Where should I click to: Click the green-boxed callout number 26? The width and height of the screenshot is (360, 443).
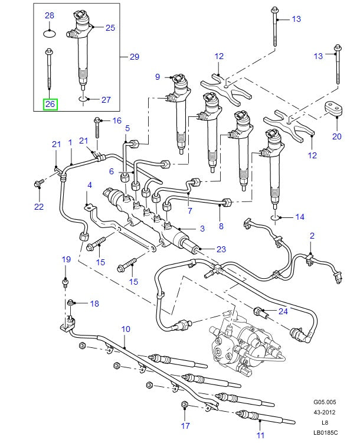click(x=50, y=105)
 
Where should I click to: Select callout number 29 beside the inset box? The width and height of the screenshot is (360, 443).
click(x=134, y=57)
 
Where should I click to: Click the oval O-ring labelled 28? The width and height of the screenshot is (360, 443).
click(x=50, y=34)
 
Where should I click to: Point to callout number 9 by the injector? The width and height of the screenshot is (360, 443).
click(x=158, y=77)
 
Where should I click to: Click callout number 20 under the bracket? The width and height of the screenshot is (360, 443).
click(x=336, y=137)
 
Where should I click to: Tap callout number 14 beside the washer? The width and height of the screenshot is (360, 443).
click(x=300, y=217)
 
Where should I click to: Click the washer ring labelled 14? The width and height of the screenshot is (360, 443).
click(x=275, y=218)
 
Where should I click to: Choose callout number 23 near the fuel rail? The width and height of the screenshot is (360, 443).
click(x=221, y=249)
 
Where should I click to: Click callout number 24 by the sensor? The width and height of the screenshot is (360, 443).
click(x=283, y=311)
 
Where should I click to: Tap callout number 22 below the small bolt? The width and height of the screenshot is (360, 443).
click(x=39, y=206)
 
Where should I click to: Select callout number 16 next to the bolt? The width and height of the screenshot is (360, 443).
click(x=116, y=120)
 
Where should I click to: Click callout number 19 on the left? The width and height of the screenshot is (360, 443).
click(x=66, y=259)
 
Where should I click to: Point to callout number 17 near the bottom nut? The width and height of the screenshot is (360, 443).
click(x=185, y=425)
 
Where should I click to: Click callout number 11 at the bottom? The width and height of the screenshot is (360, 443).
click(x=261, y=436)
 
